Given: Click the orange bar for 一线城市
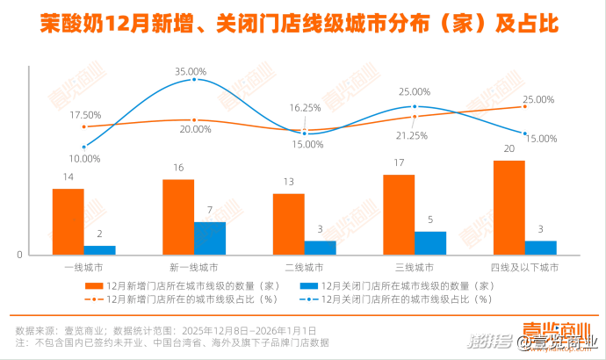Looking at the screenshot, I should coord(69,222).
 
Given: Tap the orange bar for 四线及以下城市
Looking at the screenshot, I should coord(509,208).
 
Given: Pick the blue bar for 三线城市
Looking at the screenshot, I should coord(430,243).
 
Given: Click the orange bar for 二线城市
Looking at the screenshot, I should coord(289,225).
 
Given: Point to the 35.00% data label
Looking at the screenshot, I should coord(191,71).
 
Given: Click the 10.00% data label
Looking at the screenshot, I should coord(85,159).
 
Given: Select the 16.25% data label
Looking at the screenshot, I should coord(305,108).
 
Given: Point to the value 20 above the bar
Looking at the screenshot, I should coord(509,148).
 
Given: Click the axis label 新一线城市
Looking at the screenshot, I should coord(194,266).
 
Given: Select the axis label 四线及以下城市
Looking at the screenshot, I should coord(524,266).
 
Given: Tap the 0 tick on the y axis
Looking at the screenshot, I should coord(19,256).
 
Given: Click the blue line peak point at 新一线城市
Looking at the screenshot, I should coord(194,79).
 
